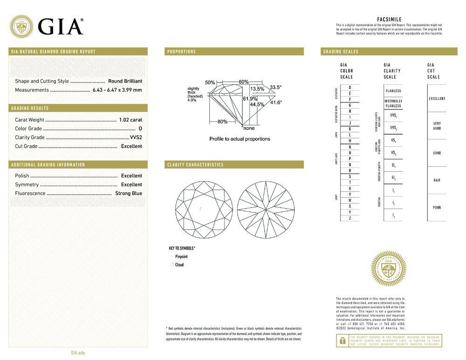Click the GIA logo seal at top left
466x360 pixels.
[x=22, y=27]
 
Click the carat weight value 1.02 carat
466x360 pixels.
[x=130, y=120]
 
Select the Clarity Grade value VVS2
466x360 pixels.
[x=136, y=137]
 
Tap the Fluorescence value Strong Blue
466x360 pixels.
[x=129, y=193]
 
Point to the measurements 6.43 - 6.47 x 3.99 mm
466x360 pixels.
[x=117, y=90]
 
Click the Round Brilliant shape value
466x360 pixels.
[x=125, y=81]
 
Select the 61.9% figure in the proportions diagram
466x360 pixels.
[x=250, y=99]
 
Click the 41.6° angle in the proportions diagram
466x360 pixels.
[x=276, y=102]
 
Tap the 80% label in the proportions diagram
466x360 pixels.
[x=222, y=122]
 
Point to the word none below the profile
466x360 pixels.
[x=249, y=128]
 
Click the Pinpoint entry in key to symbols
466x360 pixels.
[x=181, y=257]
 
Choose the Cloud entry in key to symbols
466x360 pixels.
[x=179, y=265]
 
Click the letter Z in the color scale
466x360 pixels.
[x=350, y=218]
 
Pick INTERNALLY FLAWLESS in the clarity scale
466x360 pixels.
[x=393, y=103]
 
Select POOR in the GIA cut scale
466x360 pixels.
[x=437, y=208]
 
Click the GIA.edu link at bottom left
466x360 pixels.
[x=78, y=353]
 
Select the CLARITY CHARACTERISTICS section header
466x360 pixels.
[x=195, y=165]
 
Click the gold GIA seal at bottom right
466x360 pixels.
[x=389, y=269]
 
